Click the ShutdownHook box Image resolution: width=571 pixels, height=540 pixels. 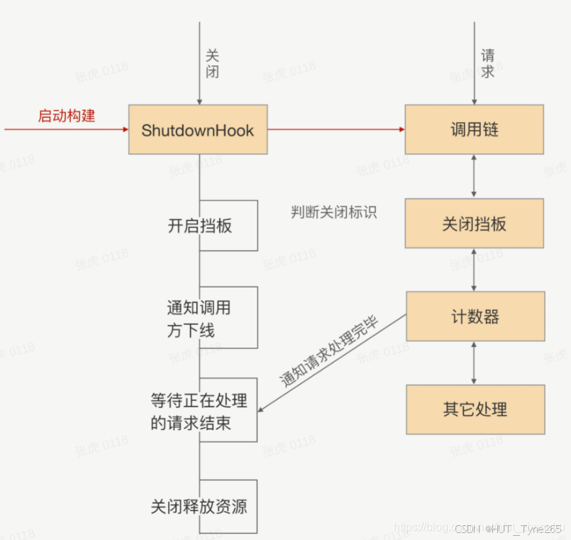(198, 130)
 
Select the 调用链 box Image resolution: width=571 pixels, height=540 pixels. (474, 130)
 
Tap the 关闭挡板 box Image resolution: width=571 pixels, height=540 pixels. (474, 224)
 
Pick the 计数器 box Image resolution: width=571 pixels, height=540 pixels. (475, 316)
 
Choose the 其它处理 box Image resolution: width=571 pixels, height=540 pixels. (475, 409)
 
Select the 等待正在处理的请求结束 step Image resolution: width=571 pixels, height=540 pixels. (200, 410)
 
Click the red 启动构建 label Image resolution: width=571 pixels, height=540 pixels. (66, 116)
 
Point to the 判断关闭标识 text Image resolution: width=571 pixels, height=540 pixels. (333, 212)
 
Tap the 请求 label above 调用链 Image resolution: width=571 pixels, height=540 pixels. (488, 63)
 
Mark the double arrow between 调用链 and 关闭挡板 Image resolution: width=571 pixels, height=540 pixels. (474, 176)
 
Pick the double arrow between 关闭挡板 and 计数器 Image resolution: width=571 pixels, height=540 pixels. (474, 270)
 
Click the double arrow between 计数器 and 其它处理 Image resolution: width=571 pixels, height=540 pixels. (474, 363)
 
